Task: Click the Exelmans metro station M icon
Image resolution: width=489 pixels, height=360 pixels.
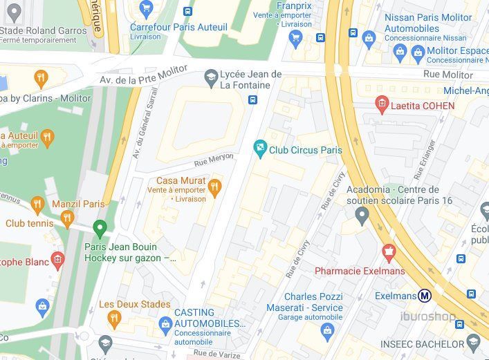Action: point(425,296)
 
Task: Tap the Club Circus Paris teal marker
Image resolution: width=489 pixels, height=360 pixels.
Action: point(260,146)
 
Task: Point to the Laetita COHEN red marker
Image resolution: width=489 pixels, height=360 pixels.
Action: point(381,106)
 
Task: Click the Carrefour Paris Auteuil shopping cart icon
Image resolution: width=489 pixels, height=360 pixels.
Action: point(145,9)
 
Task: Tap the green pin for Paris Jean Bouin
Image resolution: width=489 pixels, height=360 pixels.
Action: point(100,227)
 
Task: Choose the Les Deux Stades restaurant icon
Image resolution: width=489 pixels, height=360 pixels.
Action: point(114,318)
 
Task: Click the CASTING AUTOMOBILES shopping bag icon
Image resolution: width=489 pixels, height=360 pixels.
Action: point(165,324)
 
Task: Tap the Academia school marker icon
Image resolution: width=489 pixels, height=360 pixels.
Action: point(362,216)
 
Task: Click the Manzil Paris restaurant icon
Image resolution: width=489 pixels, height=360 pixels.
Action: point(37,205)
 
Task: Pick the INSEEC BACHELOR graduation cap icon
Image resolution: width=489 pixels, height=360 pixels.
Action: point(473,343)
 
